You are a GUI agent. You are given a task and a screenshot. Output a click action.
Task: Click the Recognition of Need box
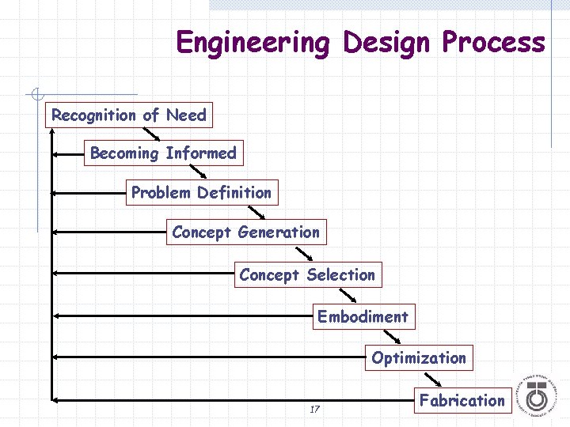(x=128, y=115)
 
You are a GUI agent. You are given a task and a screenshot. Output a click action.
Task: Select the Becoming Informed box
(x=163, y=153)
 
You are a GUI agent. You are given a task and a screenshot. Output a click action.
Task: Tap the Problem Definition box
(x=201, y=192)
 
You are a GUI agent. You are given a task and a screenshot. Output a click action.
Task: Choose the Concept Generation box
(x=245, y=232)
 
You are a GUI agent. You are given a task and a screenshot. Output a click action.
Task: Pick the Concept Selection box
(x=307, y=275)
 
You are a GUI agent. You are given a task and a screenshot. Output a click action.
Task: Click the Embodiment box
(x=363, y=317)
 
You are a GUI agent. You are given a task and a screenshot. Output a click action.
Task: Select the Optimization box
(x=419, y=358)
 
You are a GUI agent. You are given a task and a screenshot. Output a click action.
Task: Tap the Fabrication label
(x=462, y=400)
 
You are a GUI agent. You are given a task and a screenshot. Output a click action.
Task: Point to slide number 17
(x=314, y=410)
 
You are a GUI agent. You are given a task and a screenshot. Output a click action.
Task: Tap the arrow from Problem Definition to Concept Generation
(x=256, y=212)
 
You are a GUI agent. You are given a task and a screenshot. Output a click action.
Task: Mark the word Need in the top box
(x=186, y=115)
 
